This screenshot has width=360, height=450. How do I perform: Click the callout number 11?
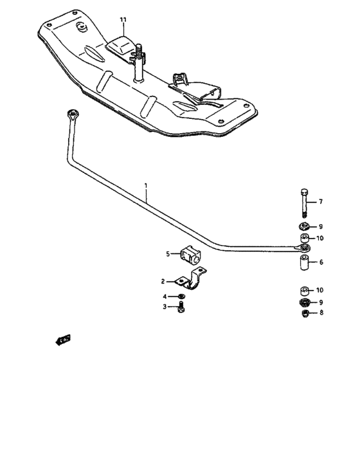pyautogui.click(x=123, y=21)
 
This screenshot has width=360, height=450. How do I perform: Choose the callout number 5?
pyautogui.click(x=168, y=254)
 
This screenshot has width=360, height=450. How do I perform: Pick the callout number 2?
pyautogui.click(x=163, y=281)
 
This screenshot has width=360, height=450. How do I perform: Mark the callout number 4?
pyautogui.click(x=165, y=296)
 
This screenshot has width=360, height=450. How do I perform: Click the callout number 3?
pyautogui.click(x=165, y=307)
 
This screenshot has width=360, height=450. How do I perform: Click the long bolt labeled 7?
pyautogui.click(x=304, y=203)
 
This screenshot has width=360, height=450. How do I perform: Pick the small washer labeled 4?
pyautogui.click(x=182, y=296)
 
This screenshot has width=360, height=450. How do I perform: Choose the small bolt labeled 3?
pyautogui.click(x=182, y=307)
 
